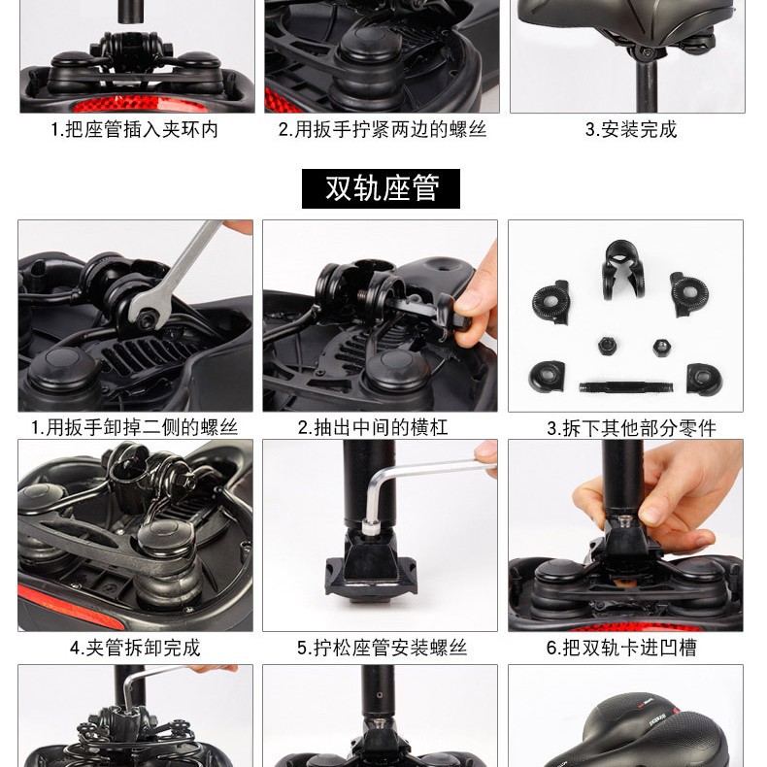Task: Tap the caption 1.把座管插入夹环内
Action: pos(135,129)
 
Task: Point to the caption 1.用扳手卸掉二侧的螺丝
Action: pos(135,427)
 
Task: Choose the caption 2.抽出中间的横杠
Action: pos(373,427)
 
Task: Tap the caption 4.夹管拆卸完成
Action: pos(135,648)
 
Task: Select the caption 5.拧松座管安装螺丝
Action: pos(382,648)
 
